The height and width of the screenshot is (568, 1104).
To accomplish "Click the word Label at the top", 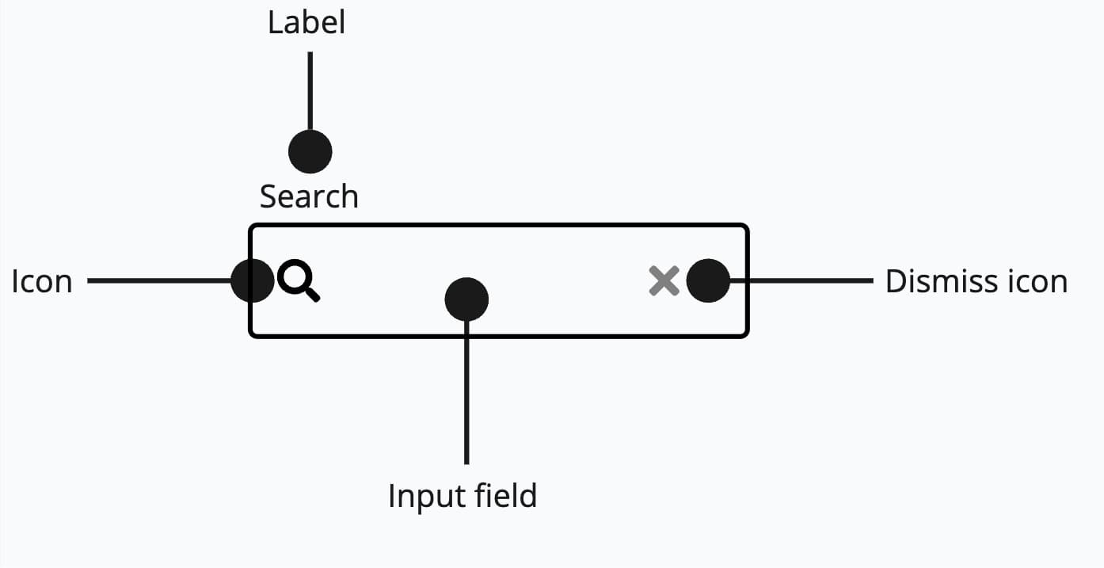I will coord(306,22).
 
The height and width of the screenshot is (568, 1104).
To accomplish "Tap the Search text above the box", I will coord(309,196).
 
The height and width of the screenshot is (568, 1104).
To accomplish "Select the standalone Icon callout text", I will coord(42,281).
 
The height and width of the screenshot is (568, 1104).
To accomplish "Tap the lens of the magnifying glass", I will coord(294,277).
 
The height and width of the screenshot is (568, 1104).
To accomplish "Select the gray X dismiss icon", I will coord(664,281).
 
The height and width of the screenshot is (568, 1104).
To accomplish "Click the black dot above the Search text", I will coord(310,151).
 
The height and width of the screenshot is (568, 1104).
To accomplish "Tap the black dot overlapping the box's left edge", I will coord(253,280).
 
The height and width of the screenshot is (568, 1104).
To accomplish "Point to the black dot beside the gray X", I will coord(708,280).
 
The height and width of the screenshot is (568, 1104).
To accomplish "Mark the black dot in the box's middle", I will coord(466,299).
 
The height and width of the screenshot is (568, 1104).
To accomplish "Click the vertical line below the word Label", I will coord(310,91).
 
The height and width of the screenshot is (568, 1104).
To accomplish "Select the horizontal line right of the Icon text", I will coord(158,280).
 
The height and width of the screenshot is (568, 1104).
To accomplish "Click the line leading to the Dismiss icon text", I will coord(800,280).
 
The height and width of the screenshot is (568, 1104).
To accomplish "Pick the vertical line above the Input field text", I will coord(466,396).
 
